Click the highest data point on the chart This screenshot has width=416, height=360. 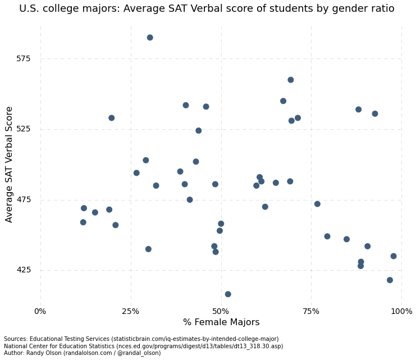point(150,38)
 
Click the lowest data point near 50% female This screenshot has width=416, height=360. point(228,294)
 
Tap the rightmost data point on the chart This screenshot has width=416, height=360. point(394,256)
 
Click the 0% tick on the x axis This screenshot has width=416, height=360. point(40,311)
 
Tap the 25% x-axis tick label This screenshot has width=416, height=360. point(131,311)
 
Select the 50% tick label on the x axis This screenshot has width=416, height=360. point(221,311)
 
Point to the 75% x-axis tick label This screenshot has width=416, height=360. point(312,311)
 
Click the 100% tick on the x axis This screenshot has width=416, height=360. point(401,311)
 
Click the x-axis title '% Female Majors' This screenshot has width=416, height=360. point(221,322)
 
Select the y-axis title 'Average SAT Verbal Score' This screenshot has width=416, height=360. point(10,165)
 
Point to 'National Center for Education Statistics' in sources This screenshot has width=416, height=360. point(59,347)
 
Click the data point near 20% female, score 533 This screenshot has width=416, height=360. point(112,118)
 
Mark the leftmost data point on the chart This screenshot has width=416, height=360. point(83,222)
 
